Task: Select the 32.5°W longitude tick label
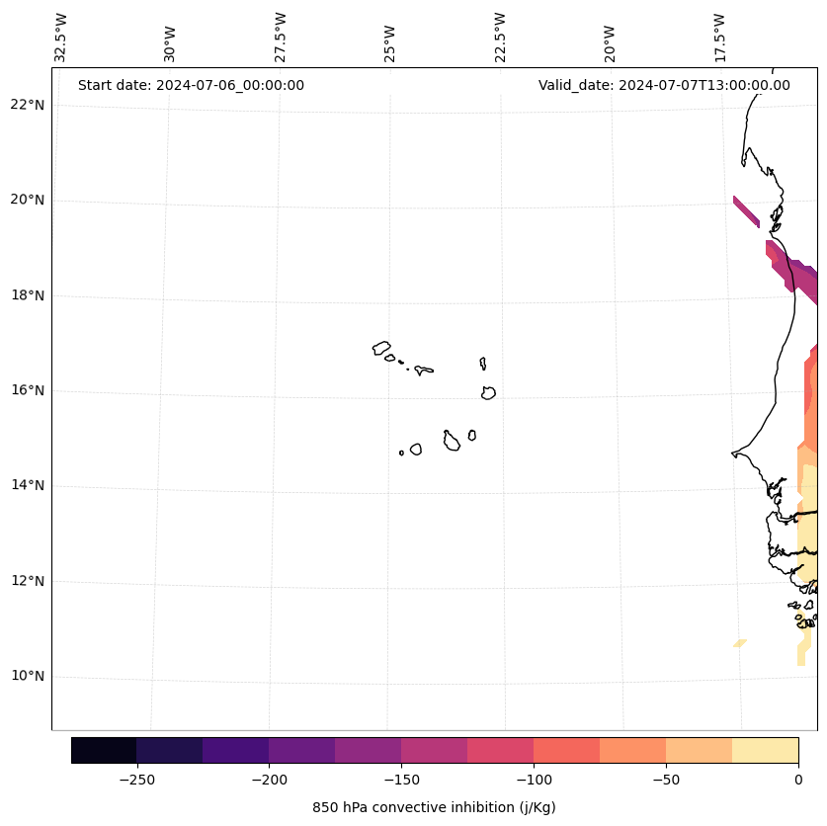click(61, 38)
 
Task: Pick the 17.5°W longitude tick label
click(720, 38)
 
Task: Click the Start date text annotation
click(191, 85)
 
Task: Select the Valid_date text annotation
click(664, 85)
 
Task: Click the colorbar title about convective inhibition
click(434, 807)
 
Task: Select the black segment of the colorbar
click(104, 750)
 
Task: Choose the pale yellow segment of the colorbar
click(766, 750)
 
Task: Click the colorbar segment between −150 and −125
click(435, 750)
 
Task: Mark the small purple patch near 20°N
click(746, 211)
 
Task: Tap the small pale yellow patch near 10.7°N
click(739, 643)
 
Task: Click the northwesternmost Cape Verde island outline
click(381, 348)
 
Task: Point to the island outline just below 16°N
click(488, 393)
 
